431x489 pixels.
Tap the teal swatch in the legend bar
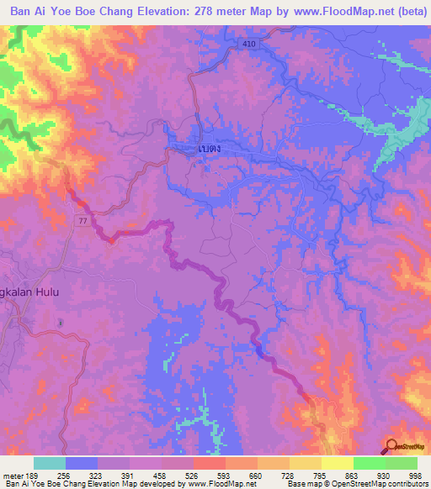coord(50,463)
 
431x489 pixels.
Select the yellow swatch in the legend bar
coord(337,463)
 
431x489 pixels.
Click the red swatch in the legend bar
coord(210,463)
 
